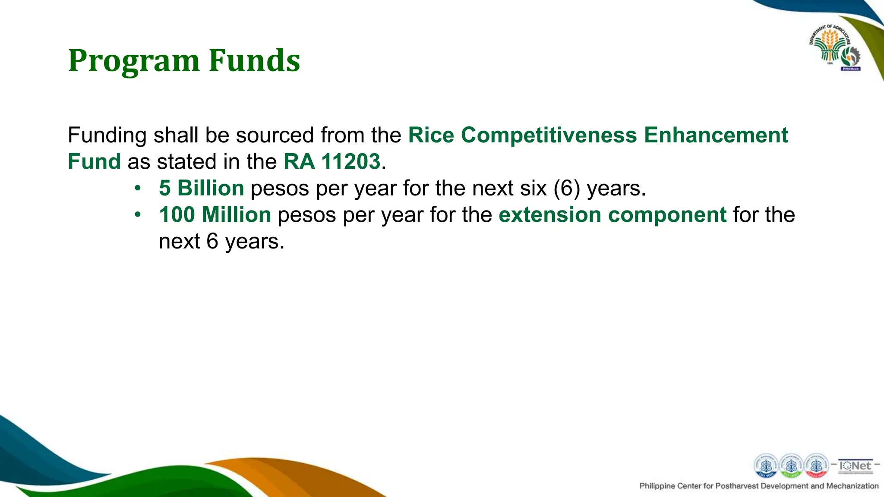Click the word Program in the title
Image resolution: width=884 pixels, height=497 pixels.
134,61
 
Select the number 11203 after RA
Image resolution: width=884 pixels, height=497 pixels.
350,162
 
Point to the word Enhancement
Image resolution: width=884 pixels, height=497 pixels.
716,135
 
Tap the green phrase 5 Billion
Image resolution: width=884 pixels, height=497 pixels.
202,189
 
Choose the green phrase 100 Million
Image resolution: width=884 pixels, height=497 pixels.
215,215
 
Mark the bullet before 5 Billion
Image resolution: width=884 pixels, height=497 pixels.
137,188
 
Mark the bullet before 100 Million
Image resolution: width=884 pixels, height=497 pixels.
137,214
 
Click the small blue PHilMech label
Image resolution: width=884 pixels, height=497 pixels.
850,69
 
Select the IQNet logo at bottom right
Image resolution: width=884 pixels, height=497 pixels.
855,466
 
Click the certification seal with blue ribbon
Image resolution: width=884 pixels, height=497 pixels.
766,466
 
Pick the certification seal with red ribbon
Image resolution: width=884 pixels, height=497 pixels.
816,466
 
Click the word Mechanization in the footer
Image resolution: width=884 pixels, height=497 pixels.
852,486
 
